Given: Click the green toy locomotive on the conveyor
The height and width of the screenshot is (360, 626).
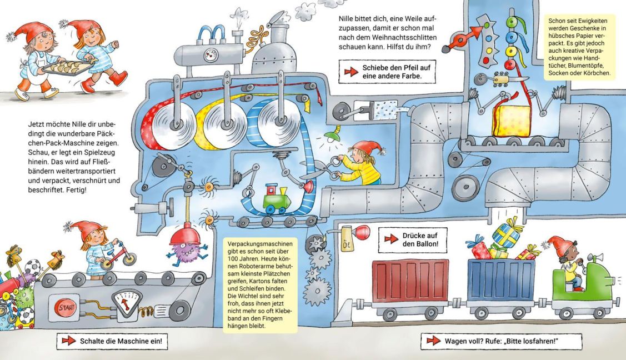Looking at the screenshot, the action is [277, 198].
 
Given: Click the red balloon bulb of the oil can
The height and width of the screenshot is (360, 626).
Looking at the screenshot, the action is [362, 232].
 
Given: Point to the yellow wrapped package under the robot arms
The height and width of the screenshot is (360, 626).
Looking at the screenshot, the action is [512, 121].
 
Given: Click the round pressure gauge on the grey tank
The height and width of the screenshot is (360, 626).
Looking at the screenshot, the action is [211, 55].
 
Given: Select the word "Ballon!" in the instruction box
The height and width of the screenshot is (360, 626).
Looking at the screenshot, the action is [425, 244].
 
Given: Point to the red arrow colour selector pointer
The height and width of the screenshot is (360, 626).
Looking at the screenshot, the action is [464, 36].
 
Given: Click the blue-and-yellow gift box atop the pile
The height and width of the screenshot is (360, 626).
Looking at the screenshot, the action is [506, 233].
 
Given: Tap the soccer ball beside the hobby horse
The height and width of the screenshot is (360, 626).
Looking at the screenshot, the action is [33, 267].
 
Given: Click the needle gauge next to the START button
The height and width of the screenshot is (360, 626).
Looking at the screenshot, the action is [127, 303].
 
